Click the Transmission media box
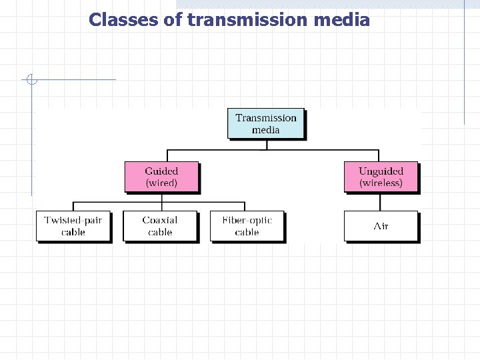tap(265, 123)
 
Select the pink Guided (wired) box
tap(161, 177)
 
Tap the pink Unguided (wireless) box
tap(381, 177)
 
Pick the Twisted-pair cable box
tap(73, 226)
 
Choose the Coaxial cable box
tap(160, 226)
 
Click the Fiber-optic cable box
tap(247, 226)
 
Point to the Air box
tap(381, 226)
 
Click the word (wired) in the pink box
tap(161, 183)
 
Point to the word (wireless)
tap(381, 183)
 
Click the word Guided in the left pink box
tap(161, 171)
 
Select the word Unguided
tap(381, 171)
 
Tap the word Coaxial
tap(160, 220)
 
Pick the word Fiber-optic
tap(247, 220)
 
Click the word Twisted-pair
tap(73, 220)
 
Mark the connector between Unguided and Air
tap(381, 202)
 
